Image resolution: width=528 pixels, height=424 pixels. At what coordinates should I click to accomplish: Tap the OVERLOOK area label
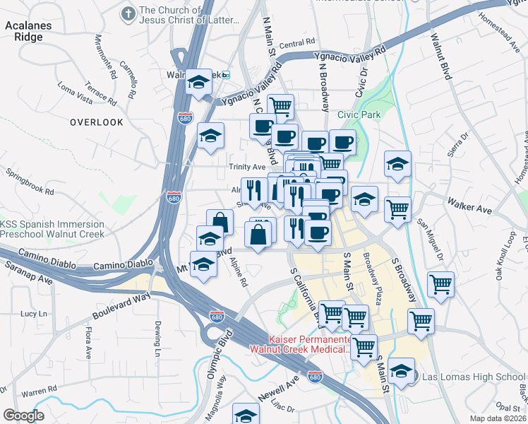pos(97,122)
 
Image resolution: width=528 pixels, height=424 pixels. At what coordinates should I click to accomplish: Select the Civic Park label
pos(359,114)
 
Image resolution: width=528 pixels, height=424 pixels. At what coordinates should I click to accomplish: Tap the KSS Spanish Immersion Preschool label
pos(52,229)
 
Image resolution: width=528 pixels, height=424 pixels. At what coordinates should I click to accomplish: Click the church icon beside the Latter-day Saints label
pos(128,13)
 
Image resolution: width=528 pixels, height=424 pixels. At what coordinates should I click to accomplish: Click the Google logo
pos(23,416)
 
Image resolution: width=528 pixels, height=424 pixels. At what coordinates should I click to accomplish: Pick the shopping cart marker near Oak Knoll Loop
pos(440,284)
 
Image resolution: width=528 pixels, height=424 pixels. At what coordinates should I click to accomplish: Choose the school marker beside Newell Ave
pos(246,414)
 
